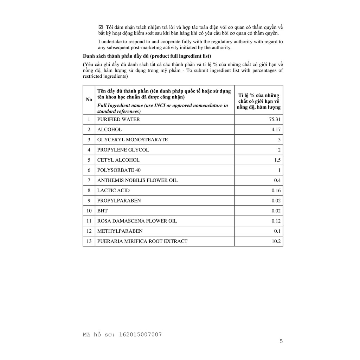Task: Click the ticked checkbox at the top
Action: click(x=101, y=27)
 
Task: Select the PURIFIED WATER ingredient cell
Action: click(x=118, y=119)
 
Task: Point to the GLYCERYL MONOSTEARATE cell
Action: click(x=133, y=140)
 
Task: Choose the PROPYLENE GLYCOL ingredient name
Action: click(x=123, y=150)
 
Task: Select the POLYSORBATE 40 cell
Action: click(x=116, y=170)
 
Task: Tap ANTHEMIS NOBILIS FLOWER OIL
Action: click(x=137, y=180)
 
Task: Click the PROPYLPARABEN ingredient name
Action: click(x=119, y=201)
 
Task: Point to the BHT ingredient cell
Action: click(x=102, y=211)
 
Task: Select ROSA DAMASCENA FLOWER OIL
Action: click(x=137, y=221)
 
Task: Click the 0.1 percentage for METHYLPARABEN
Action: click(x=277, y=231)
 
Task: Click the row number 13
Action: click(x=89, y=242)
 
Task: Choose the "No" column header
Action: click(x=89, y=99)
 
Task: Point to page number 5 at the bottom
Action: click(x=281, y=341)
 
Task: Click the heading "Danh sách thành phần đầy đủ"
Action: click(x=116, y=56)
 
